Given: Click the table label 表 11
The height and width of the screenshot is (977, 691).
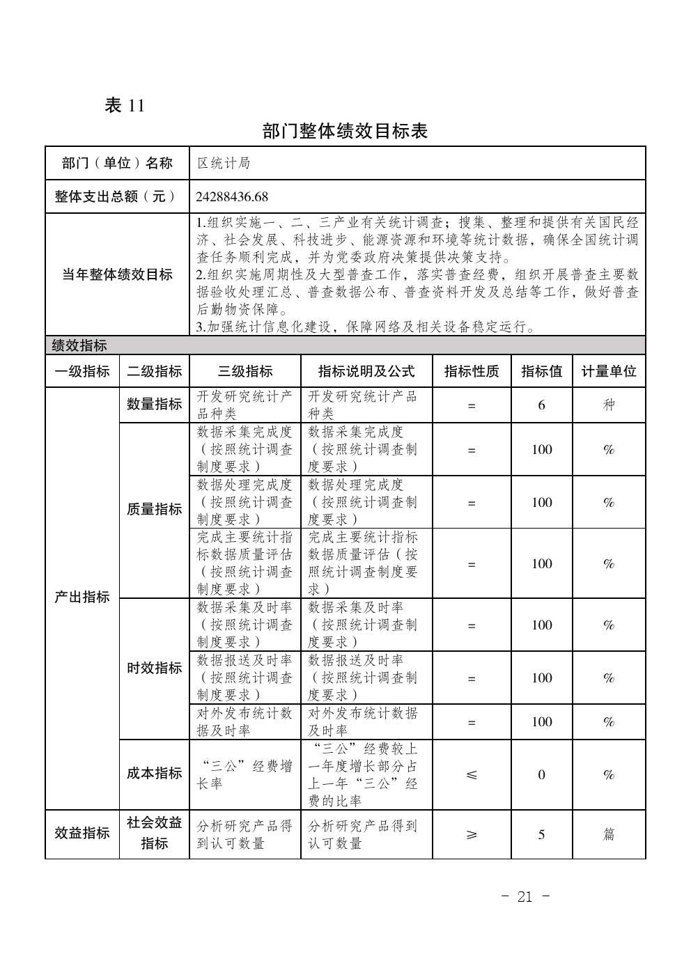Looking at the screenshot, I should [x=124, y=106].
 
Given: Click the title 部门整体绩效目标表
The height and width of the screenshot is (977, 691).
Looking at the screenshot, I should [x=345, y=131].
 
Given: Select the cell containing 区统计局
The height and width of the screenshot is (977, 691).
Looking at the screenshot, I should [x=224, y=164].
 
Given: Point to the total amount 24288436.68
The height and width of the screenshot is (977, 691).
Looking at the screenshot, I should [x=232, y=197].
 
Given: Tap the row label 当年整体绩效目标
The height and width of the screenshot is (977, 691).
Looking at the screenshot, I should [x=117, y=274].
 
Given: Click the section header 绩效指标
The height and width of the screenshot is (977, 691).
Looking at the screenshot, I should [x=79, y=345].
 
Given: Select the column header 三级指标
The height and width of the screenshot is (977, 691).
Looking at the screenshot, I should [x=245, y=371].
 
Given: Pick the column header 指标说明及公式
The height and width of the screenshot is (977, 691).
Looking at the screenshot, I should [x=366, y=371].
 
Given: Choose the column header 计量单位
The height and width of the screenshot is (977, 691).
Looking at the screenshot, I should [x=609, y=371].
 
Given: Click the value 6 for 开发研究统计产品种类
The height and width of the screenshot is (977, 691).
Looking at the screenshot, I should [x=541, y=405].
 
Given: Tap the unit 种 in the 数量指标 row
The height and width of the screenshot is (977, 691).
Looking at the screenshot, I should [x=609, y=405].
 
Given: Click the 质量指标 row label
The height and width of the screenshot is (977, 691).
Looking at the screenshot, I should [x=154, y=510].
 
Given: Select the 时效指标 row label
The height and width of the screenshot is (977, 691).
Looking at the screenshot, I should [x=154, y=669].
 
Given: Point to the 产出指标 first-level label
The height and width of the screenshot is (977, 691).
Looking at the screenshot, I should [x=82, y=597].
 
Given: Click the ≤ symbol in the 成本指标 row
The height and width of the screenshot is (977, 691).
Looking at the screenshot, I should [x=472, y=774].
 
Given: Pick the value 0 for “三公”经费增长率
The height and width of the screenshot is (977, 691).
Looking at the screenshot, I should [x=541, y=774].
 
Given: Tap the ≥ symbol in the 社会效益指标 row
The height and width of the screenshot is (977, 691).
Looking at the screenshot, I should [x=472, y=834].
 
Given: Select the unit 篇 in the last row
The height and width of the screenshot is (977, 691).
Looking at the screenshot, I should [x=609, y=834].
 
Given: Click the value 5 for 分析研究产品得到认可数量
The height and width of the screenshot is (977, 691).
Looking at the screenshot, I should [x=541, y=834].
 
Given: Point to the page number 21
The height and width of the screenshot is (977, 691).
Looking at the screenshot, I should [x=525, y=897].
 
